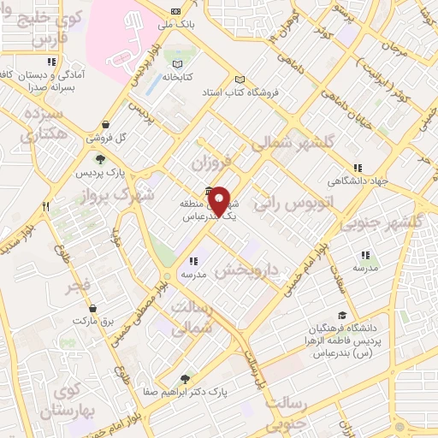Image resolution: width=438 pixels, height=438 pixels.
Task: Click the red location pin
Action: [x=220, y=202]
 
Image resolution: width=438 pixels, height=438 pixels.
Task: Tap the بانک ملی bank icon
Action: [x=175, y=11]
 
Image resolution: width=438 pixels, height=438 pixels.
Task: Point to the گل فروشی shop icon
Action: [x=105, y=124]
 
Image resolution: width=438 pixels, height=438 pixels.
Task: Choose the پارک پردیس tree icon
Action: [x=100, y=158]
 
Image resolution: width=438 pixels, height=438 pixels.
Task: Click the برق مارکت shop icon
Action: [x=92, y=308]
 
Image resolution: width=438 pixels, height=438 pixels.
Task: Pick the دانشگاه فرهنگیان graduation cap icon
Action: [x=342, y=315]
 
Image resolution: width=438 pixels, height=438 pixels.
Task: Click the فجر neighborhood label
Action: [x=86, y=285]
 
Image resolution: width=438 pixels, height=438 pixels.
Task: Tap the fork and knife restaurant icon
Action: [x=45, y=206]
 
